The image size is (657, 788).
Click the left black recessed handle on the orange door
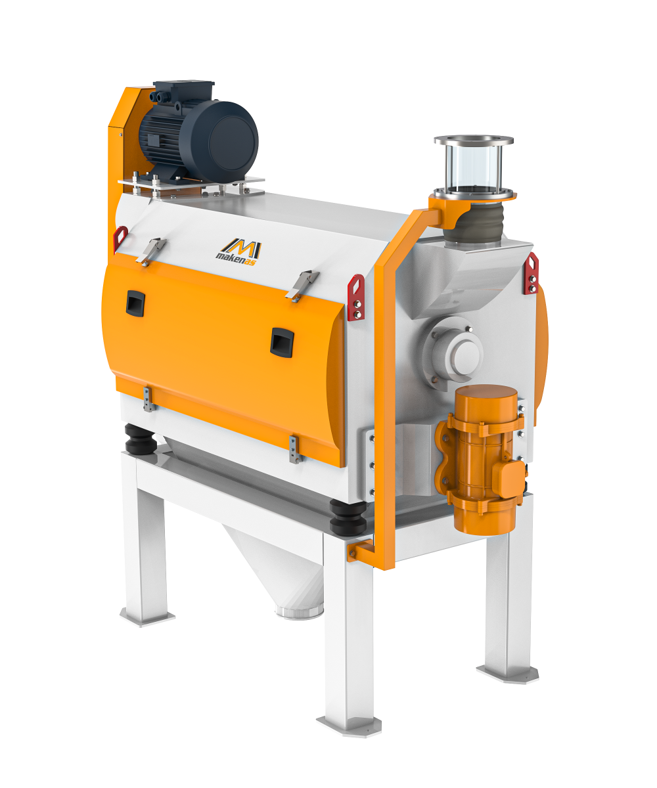click(135, 303)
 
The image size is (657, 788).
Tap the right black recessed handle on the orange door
click(282, 342)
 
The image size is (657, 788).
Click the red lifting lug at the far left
click(120, 238)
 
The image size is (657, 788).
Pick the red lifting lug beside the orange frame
click(356, 297)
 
